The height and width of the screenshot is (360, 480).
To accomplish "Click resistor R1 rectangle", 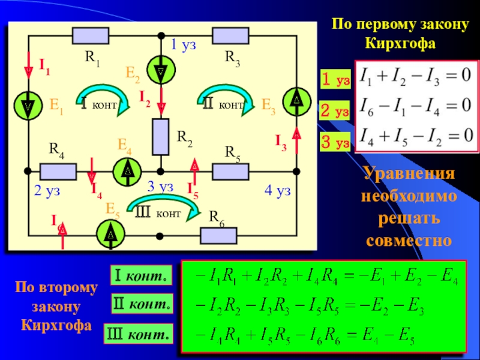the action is point(91,36).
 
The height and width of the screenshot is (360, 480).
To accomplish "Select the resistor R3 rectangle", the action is point(230,35).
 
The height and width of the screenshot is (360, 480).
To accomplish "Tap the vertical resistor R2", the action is point(161,137).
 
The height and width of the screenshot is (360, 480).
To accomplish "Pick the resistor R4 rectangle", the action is point(58,172).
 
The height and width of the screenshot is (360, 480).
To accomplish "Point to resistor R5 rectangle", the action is point(230,172).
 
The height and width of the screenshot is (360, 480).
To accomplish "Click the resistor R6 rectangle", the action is point(218,236).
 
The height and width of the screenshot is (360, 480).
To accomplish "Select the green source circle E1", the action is point(28,106).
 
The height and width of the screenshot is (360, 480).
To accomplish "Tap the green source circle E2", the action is point(161,70).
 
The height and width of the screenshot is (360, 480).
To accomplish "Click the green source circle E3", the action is point(296,101).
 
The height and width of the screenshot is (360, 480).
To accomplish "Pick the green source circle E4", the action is point(127,172).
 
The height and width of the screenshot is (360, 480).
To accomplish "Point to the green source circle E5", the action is point(110,234).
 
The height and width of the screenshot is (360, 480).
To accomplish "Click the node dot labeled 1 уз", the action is point(161,36).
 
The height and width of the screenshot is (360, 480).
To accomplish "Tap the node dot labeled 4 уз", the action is point(296,172).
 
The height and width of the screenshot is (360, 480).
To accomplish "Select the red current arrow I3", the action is point(296,140).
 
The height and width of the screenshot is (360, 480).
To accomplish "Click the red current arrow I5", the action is point(194,172).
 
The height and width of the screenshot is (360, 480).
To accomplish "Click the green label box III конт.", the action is point(139,334).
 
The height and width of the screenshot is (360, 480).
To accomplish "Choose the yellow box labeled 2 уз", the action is point(335,110).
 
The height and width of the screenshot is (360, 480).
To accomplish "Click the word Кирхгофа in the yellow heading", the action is point(400,43).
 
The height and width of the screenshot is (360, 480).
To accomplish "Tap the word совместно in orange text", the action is point(409,240).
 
